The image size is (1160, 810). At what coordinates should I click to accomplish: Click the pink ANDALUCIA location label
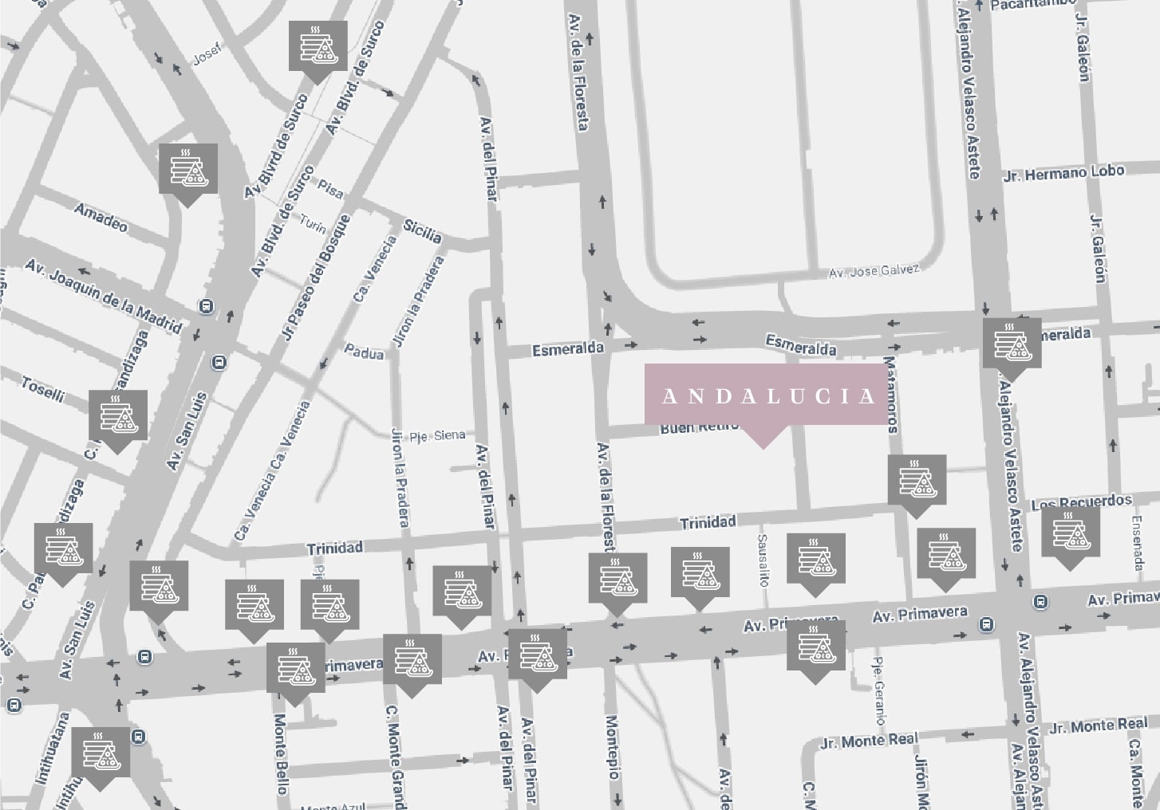pyautogui.click(x=767, y=395)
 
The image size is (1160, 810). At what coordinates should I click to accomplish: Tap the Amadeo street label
pyautogui.click(x=101, y=215)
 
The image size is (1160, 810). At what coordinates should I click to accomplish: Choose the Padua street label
pyautogui.click(x=364, y=351)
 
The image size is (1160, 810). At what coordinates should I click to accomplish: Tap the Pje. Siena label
pyautogui.click(x=436, y=435)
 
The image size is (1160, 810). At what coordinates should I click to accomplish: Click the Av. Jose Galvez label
pyautogui.click(x=874, y=271)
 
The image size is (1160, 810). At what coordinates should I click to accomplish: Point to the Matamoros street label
pyautogui.click(x=891, y=395)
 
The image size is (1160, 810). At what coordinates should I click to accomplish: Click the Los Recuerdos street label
pyautogui.click(x=1081, y=503)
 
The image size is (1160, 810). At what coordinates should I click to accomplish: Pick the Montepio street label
pyautogui.click(x=612, y=747)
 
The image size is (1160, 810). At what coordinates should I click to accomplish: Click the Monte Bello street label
pyautogui.click(x=281, y=753)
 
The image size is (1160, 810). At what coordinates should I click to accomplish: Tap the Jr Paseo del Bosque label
pyautogui.click(x=317, y=278)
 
